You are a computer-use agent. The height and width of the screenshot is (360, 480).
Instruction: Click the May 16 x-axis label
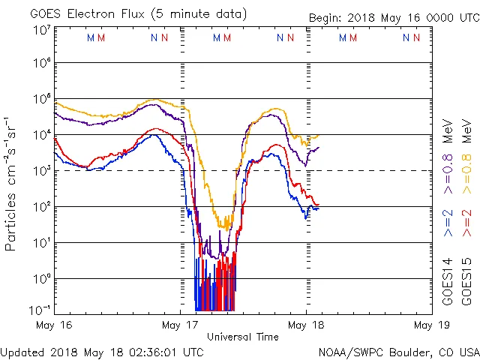[x=55, y=325]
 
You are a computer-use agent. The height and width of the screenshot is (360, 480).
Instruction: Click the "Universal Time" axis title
[x=243, y=337]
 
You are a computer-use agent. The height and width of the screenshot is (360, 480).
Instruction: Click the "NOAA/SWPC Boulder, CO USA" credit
[x=398, y=351]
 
